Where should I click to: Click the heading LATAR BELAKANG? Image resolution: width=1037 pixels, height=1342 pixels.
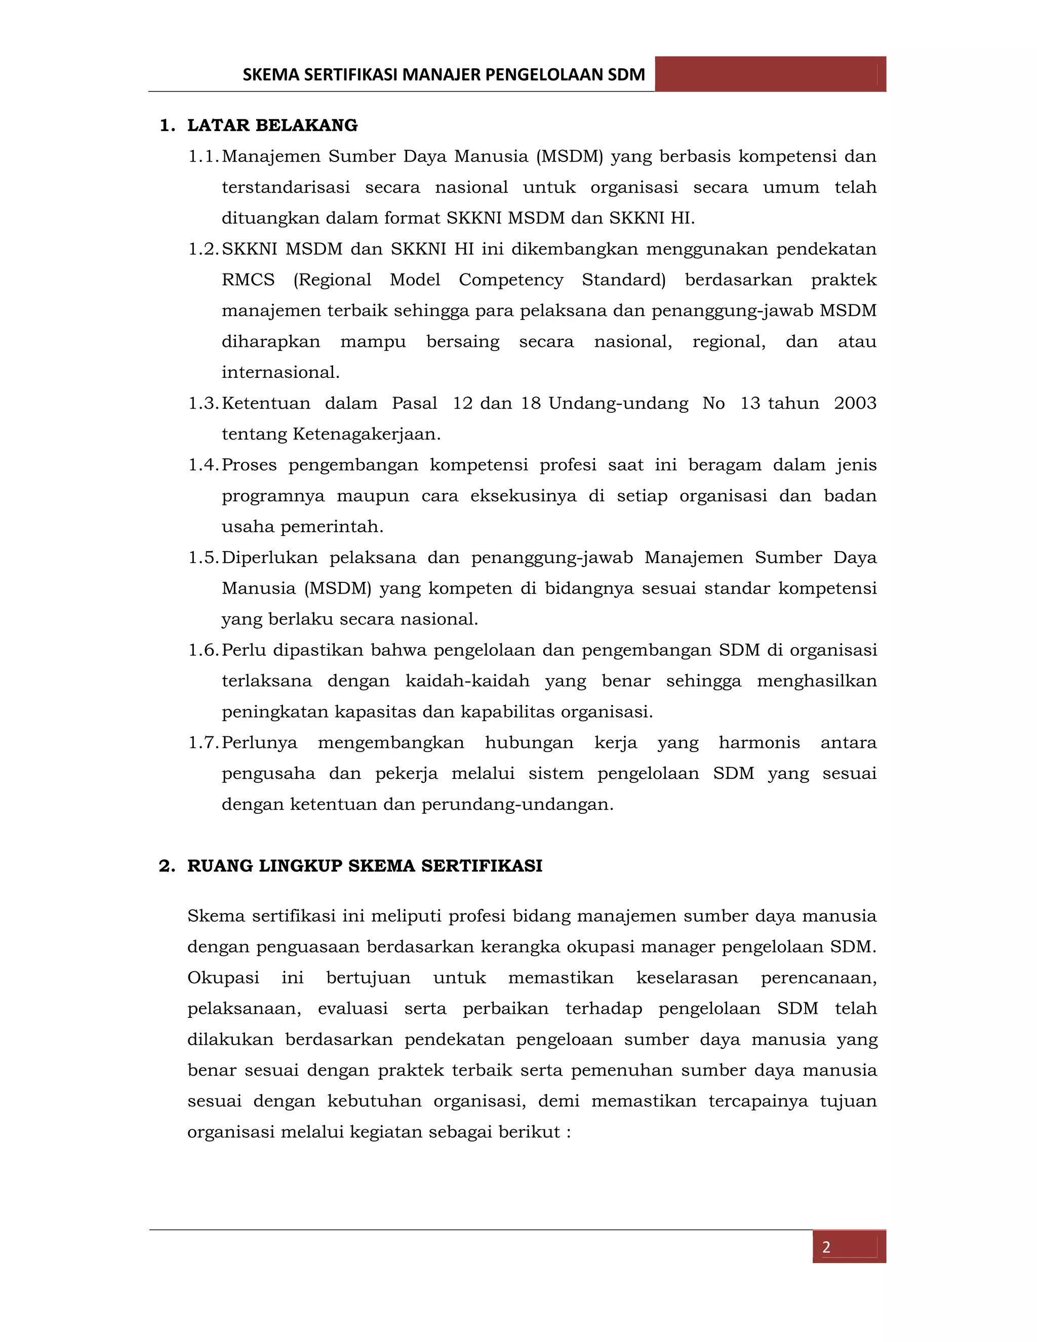(x=272, y=126)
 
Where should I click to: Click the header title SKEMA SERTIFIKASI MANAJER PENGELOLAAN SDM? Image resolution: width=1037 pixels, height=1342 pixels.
(x=444, y=75)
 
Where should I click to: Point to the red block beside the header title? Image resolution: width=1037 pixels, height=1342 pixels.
(x=770, y=74)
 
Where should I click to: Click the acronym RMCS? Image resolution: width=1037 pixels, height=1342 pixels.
(x=248, y=280)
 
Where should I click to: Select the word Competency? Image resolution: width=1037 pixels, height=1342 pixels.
(x=511, y=280)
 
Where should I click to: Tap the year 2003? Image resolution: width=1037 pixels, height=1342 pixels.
(x=855, y=404)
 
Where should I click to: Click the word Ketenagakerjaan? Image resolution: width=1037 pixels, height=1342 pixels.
(x=367, y=435)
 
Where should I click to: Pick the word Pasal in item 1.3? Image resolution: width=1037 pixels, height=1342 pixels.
(x=415, y=404)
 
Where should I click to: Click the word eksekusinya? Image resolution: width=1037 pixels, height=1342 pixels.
(x=524, y=496)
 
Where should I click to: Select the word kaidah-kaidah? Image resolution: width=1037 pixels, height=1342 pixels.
(x=467, y=681)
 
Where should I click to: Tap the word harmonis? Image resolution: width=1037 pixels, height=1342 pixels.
(x=760, y=743)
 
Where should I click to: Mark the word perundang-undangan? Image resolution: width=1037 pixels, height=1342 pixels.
(x=517, y=804)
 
